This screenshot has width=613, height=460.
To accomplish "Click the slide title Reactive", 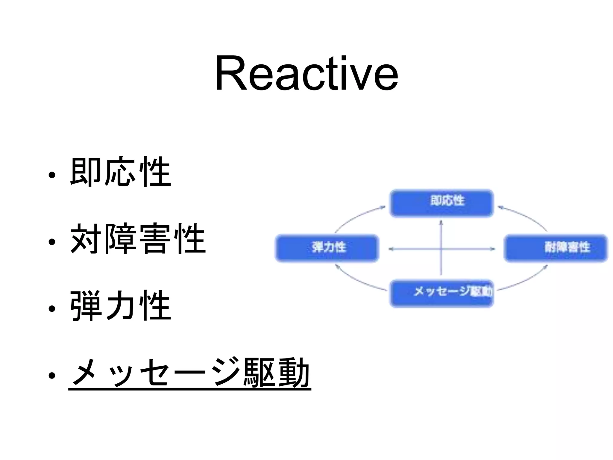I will [306, 73].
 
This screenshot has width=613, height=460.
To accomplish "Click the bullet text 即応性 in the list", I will [120, 172].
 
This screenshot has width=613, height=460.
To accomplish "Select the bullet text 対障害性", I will [138, 239].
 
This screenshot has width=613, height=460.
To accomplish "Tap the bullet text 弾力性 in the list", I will [120, 306].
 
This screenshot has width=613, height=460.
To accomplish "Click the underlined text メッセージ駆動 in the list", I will [190, 373].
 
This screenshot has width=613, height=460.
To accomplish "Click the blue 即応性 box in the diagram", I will [441, 203].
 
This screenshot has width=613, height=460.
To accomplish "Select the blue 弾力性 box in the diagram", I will [327, 248].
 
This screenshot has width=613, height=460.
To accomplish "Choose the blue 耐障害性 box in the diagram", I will [556, 248].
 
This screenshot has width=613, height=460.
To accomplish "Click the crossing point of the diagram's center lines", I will [441, 249].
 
